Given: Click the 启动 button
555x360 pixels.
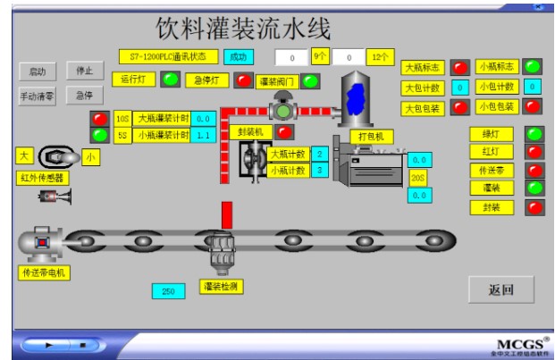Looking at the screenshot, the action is (x=38, y=70).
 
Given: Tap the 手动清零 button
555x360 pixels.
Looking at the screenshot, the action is (x=38, y=95).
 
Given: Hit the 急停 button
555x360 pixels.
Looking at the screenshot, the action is (x=84, y=95).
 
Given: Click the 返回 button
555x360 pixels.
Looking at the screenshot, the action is (x=501, y=289).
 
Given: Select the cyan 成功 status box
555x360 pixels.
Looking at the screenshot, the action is (x=238, y=56).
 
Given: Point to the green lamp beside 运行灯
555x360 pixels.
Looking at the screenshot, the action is (x=169, y=80).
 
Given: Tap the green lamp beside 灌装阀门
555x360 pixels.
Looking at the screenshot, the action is (x=311, y=81).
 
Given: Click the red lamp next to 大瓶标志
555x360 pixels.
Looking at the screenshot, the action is (x=459, y=67).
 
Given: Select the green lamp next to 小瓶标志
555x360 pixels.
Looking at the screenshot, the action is (x=533, y=66).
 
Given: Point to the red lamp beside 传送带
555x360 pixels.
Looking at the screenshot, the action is (x=535, y=170).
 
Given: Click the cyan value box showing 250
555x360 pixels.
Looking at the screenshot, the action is (x=168, y=291).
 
